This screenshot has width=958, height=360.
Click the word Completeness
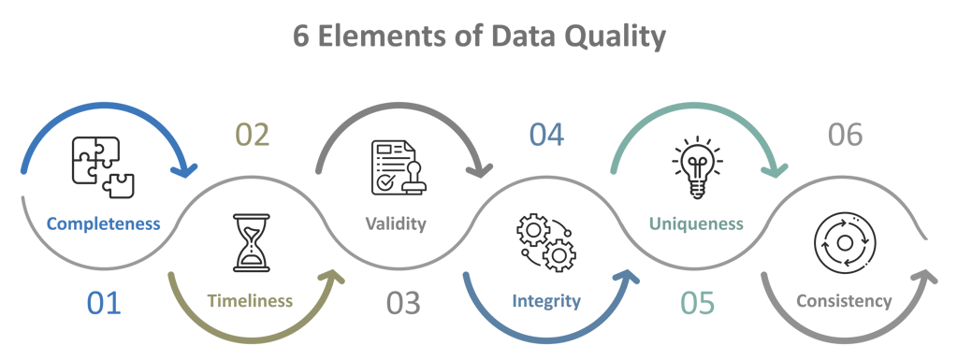click(103, 224)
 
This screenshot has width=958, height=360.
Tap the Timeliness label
click(250, 301)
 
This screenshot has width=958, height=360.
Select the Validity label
click(395, 224)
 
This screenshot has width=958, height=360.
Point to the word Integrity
click(546, 301)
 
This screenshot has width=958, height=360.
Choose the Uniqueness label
click(696, 224)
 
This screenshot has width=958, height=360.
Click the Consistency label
click(843, 301)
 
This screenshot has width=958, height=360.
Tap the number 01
click(104, 303)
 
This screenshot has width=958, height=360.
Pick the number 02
click(252, 136)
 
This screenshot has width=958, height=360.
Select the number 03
click(403, 303)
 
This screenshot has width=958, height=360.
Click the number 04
click(546, 136)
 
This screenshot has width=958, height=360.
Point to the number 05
click(697, 303)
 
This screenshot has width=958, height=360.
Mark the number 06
click(845, 136)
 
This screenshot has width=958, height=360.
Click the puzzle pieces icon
click(102, 165)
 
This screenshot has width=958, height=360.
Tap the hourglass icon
click(250, 243)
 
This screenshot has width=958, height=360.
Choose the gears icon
click(546, 242)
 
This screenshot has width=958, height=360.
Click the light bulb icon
click(697, 166)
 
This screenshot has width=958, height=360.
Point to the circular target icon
click(844, 243)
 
